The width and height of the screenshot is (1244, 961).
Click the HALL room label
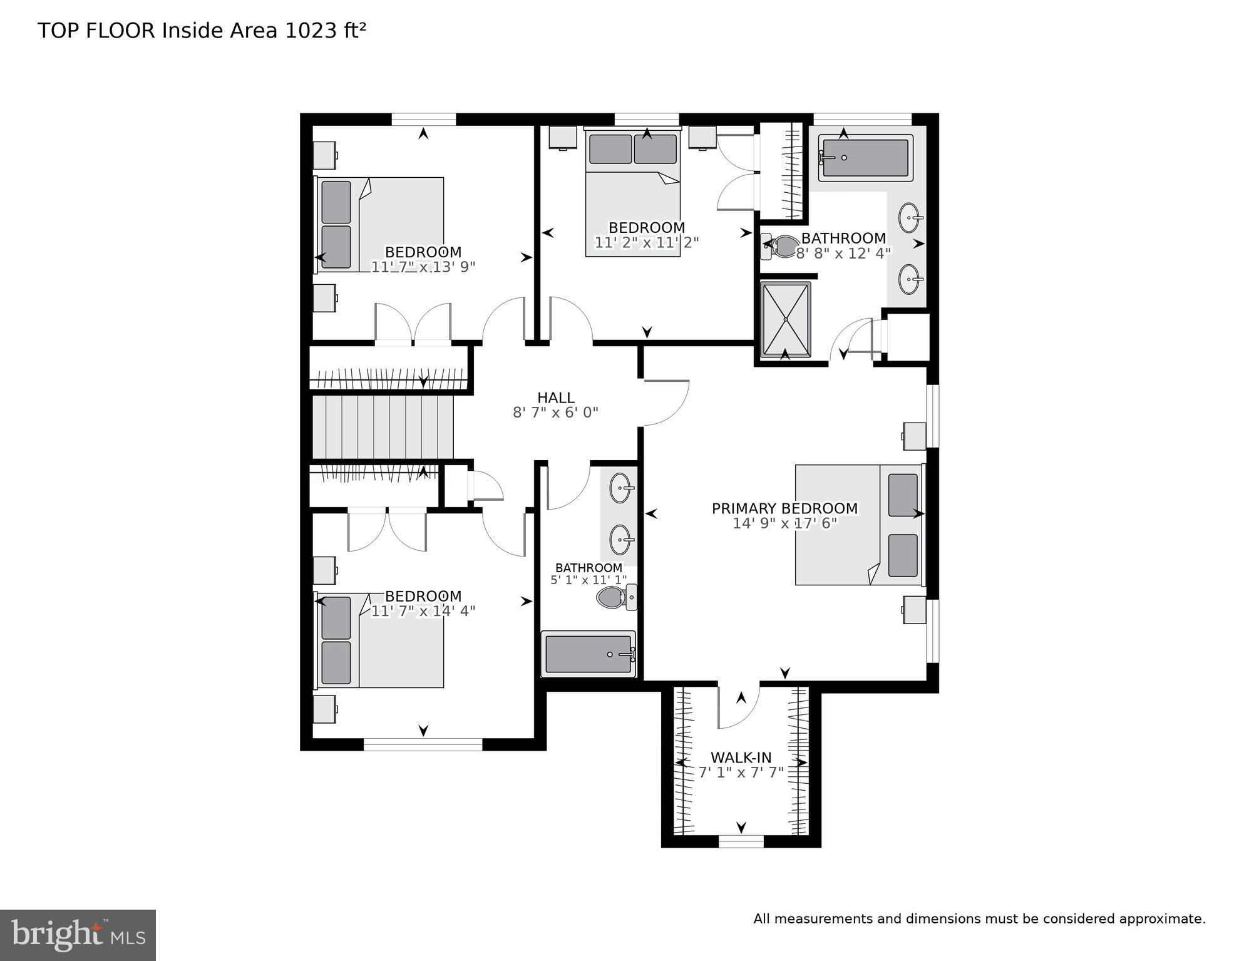(555, 398)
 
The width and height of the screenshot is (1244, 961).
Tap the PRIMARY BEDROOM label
(784, 508)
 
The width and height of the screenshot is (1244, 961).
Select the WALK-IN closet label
(741, 758)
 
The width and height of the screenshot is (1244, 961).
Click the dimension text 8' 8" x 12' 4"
(843, 254)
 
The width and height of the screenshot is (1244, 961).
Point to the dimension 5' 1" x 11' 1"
(588, 580)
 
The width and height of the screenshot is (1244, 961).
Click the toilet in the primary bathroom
(779, 246)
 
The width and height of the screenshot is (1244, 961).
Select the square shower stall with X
(785, 320)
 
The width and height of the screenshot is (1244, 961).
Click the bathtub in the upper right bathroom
(864, 158)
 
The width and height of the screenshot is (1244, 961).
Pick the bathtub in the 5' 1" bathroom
(588, 654)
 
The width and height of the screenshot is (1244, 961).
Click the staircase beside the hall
(382, 426)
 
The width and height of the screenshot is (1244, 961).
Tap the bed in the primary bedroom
(858, 525)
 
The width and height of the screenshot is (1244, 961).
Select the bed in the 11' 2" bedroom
(632, 194)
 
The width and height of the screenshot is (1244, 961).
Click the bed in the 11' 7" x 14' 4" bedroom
(379, 640)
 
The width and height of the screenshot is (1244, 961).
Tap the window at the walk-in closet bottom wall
(741, 841)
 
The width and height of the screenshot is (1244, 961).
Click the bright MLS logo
(78, 935)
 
